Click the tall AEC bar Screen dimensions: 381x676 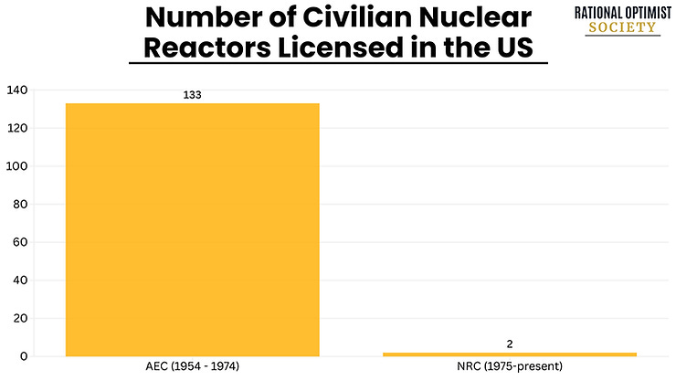click(x=192, y=229)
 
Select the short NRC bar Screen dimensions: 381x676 click(x=509, y=354)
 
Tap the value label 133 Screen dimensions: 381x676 click(x=192, y=95)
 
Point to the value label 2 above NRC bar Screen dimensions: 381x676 click(x=509, y=344)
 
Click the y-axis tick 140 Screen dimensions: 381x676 click(x=17, y=90)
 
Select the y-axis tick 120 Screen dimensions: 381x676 click(x=17, y=128)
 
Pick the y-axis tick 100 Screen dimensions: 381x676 click(x=17, y=166)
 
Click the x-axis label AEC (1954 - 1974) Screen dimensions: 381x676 click(x=192, y=368)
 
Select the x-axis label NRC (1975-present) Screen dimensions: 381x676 click(x=509, y=368)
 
